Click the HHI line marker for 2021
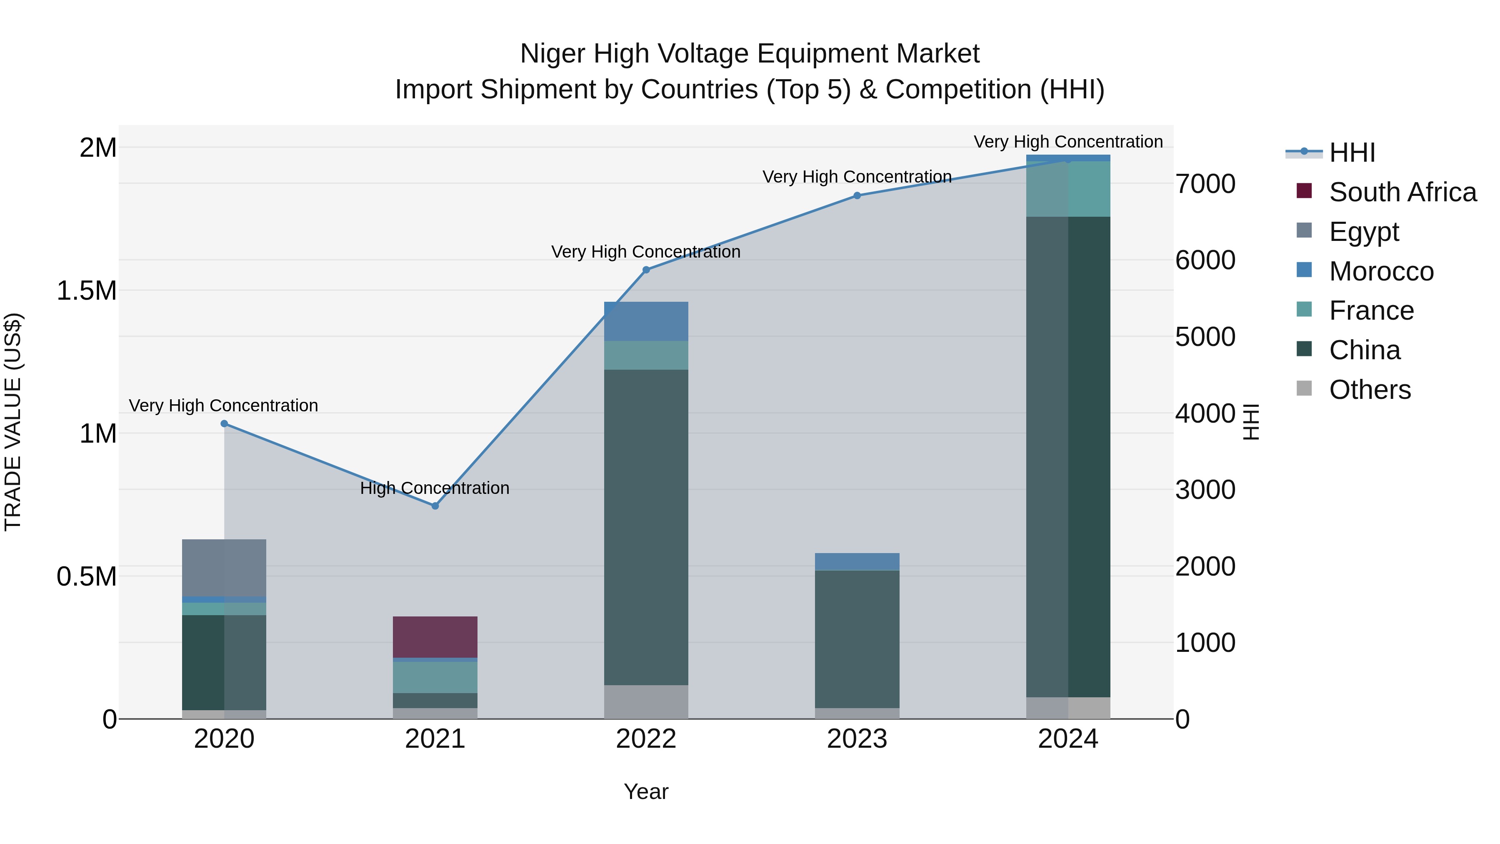point(435,506)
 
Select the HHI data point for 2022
point(646,270)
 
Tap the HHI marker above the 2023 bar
point(857,196)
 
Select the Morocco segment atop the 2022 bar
point(646,321)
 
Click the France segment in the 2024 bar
point(1068,189)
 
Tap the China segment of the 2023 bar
point(857,639)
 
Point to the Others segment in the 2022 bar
point(646,701)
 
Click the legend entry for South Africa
point(1402,192)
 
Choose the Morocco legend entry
point(1381,271)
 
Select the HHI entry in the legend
point(1352,153)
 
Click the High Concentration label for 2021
point(435,488)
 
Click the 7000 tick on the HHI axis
point(1204,184)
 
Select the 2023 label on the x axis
point(857,739)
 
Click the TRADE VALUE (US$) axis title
point(13,422)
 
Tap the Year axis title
point(646,791)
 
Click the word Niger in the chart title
point(552,54)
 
